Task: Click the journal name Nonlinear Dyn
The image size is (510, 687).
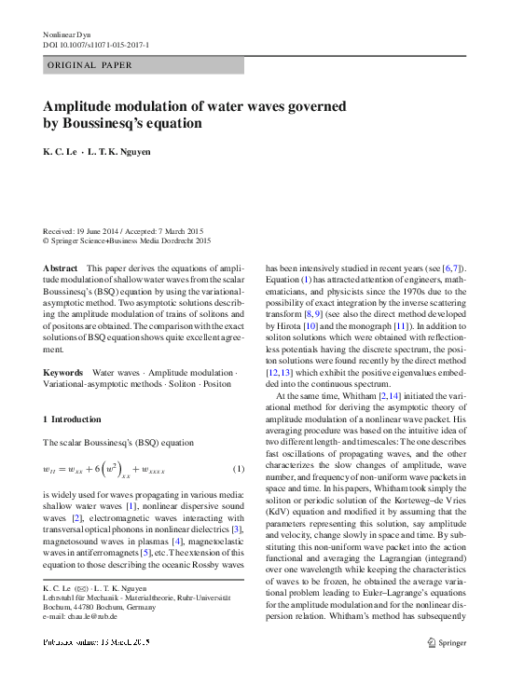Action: [64, 34]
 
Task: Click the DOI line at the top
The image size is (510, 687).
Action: [96, 45]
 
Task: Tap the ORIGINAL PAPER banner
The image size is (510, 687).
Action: [89, 65]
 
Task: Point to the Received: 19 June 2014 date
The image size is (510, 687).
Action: [82, 231]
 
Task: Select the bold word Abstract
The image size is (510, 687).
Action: [61, 268]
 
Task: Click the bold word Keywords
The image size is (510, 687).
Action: [63, 372]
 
